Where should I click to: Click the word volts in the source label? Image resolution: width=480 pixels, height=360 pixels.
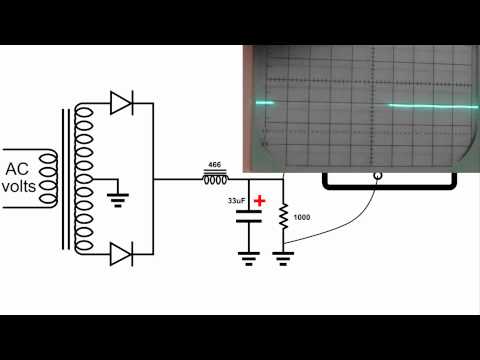[20, 186]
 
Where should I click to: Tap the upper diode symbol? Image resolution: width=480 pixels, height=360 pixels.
[121, 101]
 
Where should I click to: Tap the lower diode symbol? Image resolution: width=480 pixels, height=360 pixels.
[121, 255]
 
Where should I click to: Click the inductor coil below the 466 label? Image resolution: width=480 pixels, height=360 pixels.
[215, 180]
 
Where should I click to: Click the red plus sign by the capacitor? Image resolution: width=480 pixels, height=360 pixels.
[260, 201]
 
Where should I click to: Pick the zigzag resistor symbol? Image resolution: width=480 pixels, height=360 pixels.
[284, 216]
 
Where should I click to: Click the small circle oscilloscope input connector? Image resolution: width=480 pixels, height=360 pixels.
[377, 178]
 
